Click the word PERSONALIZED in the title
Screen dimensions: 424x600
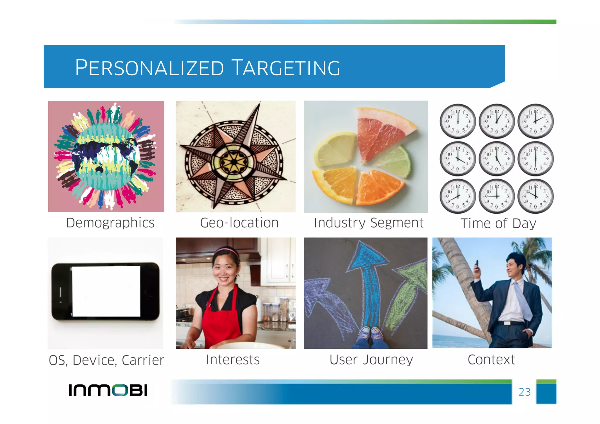click(x=149, y=68)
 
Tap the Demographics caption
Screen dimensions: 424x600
click(x=110, y=223)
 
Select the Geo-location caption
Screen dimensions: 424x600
click(x=239, y=223)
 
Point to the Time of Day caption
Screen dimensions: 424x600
click(x=498, y=224)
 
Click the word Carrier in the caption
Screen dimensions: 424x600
click(x=143, y=360)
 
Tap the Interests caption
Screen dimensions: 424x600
click(x=233, y=360)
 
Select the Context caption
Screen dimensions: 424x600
click(x=491, y=360)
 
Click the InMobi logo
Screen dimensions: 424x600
click(x=108, y=390)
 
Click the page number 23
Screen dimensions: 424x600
click(x=524, y=392)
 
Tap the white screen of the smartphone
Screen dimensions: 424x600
click(x=106, y=292)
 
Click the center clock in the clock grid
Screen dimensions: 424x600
click(x=497, y=159)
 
